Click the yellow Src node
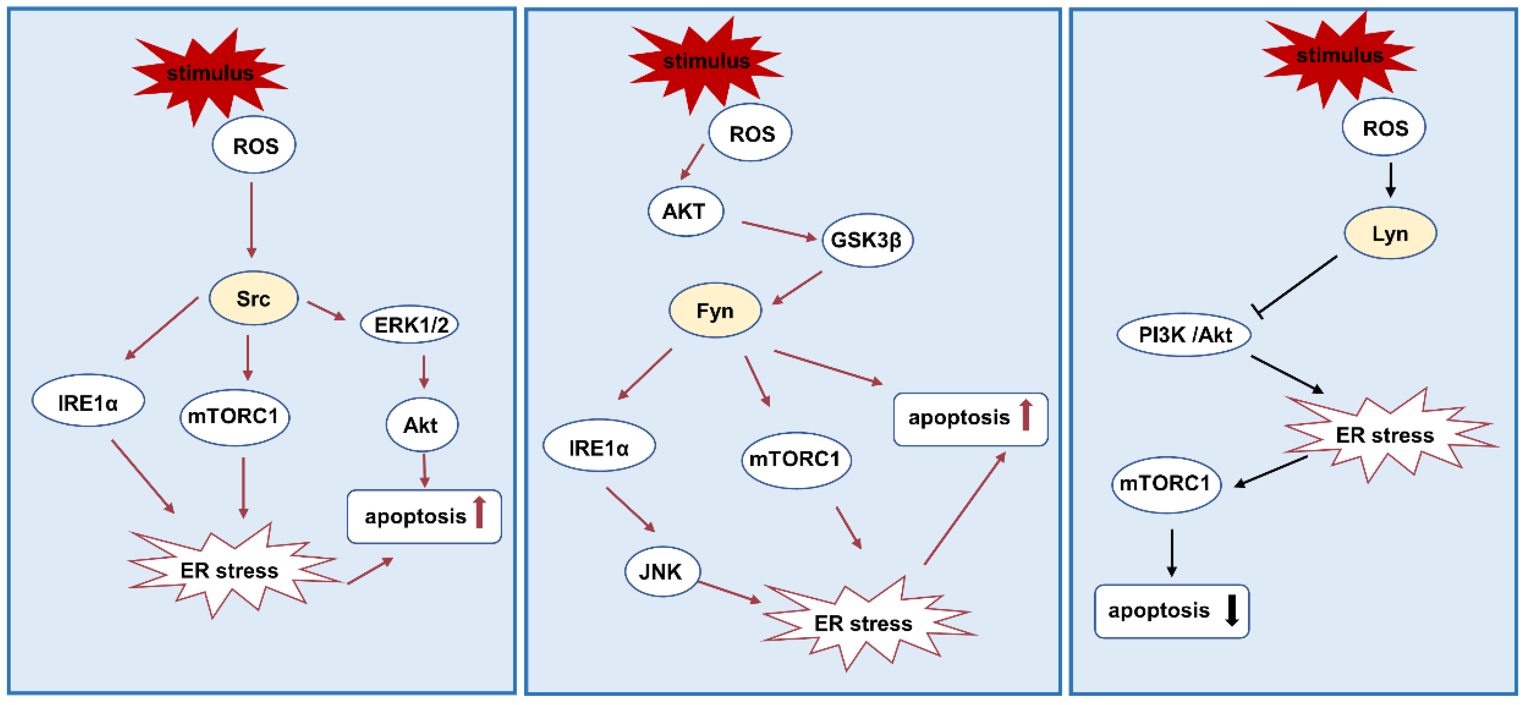pyautogui.click(x=254, y=298)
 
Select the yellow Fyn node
pyautogui.click(x=715, y=311)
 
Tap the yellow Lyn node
pyautogui.click(x=1390, y=233)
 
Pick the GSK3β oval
pyautogui.click(x=867, y=240)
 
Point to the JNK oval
pyautogui.click(x=662, y=571)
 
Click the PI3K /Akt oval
pyautogui.click(x=1184, y=335)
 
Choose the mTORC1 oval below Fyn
pyautogui.click(x=796, y=460)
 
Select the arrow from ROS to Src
pyautogui.click(x=251, y=219)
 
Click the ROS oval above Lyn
pyautogui.click(x=1384, y=128)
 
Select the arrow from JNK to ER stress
pyautogui.click(x=729, y=592)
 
